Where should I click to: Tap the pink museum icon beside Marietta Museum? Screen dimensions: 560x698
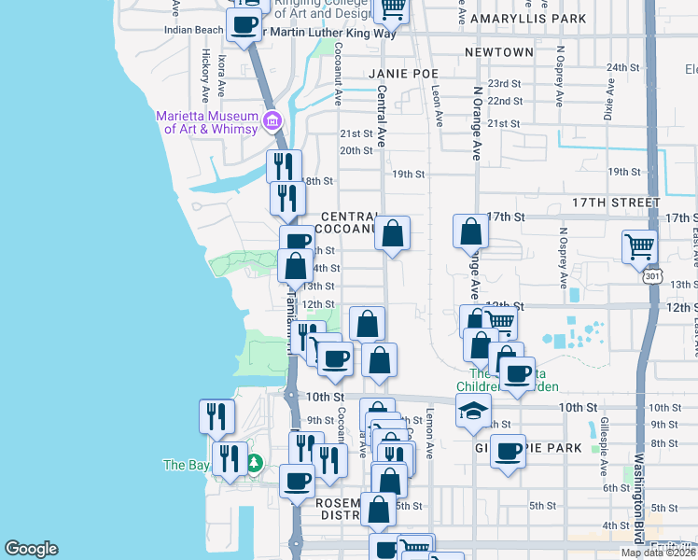272,119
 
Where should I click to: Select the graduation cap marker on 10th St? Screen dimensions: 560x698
474,410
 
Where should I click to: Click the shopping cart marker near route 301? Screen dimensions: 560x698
640,246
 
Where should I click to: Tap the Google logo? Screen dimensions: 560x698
31,549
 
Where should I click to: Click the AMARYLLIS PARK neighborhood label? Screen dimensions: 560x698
529,19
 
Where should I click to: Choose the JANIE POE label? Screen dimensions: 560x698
403,73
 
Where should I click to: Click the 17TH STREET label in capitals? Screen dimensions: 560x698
616,203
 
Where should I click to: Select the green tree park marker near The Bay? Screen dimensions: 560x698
254,463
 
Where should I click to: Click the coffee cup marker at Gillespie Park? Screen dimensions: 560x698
509,452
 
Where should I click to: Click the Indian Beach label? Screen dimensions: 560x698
193,30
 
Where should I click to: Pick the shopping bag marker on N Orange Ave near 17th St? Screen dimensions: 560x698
471,231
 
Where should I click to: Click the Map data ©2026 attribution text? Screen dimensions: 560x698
658,553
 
